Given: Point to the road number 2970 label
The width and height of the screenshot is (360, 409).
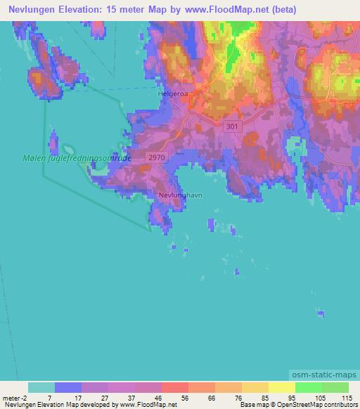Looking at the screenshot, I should tap(157, 159).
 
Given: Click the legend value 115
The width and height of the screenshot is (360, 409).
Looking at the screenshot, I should tap(347, 397).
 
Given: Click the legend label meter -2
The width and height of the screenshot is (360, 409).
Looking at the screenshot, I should tap(14, 397).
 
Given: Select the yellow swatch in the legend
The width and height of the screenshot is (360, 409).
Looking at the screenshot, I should tap(281, 387).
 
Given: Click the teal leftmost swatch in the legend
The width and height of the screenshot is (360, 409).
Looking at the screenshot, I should tap(41, 387).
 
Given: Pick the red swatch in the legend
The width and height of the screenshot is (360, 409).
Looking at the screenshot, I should tap(174, 387).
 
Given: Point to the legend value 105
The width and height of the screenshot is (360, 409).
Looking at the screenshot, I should tap(321, 397).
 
